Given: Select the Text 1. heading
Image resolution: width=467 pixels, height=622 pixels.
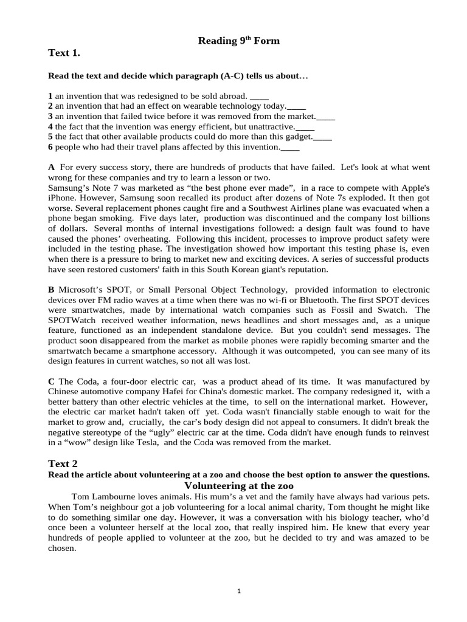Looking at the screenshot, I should pyautogui.click(x=64, y=53).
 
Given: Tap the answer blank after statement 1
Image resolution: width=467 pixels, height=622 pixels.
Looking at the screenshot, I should pyautogui.click(x=259, y=96).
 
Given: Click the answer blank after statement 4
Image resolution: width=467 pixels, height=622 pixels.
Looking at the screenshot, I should pyautogui.click(x=305, y=127).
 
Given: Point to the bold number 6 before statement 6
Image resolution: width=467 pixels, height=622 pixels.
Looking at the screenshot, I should pyautogui.click(x=50, y=147).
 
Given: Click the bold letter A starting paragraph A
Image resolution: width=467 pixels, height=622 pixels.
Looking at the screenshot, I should pyautogui.click(x=51, y=166).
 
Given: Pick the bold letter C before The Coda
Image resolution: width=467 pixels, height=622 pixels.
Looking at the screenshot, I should pyautogui.click(x=51, y=381).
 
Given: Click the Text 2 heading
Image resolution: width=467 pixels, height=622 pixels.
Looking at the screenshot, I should pyautogui.click(x=63, y=464).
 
